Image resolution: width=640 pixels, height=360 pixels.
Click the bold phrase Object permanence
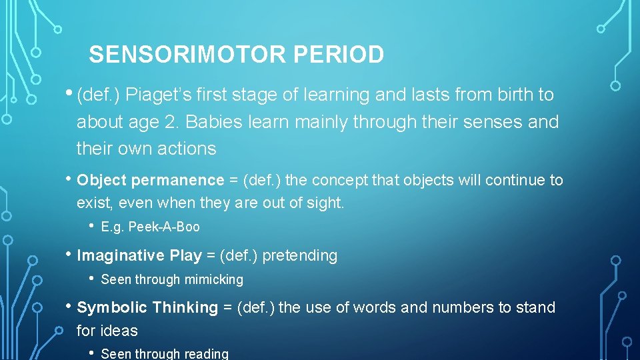(151, 180)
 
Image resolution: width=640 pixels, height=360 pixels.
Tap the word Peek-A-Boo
(164, 227)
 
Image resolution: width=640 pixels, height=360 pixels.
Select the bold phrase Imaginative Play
(139, 255)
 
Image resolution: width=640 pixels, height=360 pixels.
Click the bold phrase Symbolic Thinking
(147, 307)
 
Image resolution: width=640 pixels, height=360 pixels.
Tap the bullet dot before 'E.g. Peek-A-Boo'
(91, 226)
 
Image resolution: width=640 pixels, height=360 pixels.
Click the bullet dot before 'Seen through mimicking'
(91, 279)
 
